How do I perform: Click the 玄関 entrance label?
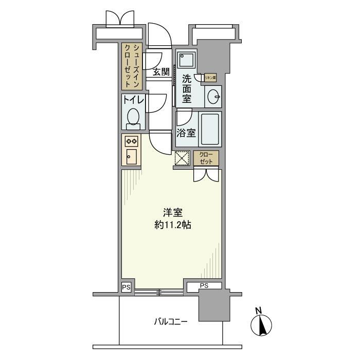(x=161, y=72)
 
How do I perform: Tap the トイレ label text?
(x=133, y=100)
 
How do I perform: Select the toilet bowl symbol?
(x=133, y=117)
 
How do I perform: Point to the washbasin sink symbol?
(x=213, y=96)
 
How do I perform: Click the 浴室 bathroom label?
(x=186, y=133)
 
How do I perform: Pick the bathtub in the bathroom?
(x=210, y=129)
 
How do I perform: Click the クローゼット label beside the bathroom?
(x=206, y=158)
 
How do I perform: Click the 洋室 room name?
(x=172, y=212)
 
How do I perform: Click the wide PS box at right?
(x=204, y=285)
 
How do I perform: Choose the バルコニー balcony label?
(x=170, y=322)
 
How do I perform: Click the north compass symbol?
(x=260, y=325)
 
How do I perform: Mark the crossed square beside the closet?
(x=182, y=158)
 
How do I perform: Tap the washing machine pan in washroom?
(x=186, y=60)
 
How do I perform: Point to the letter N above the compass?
(x=259, y=310)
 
